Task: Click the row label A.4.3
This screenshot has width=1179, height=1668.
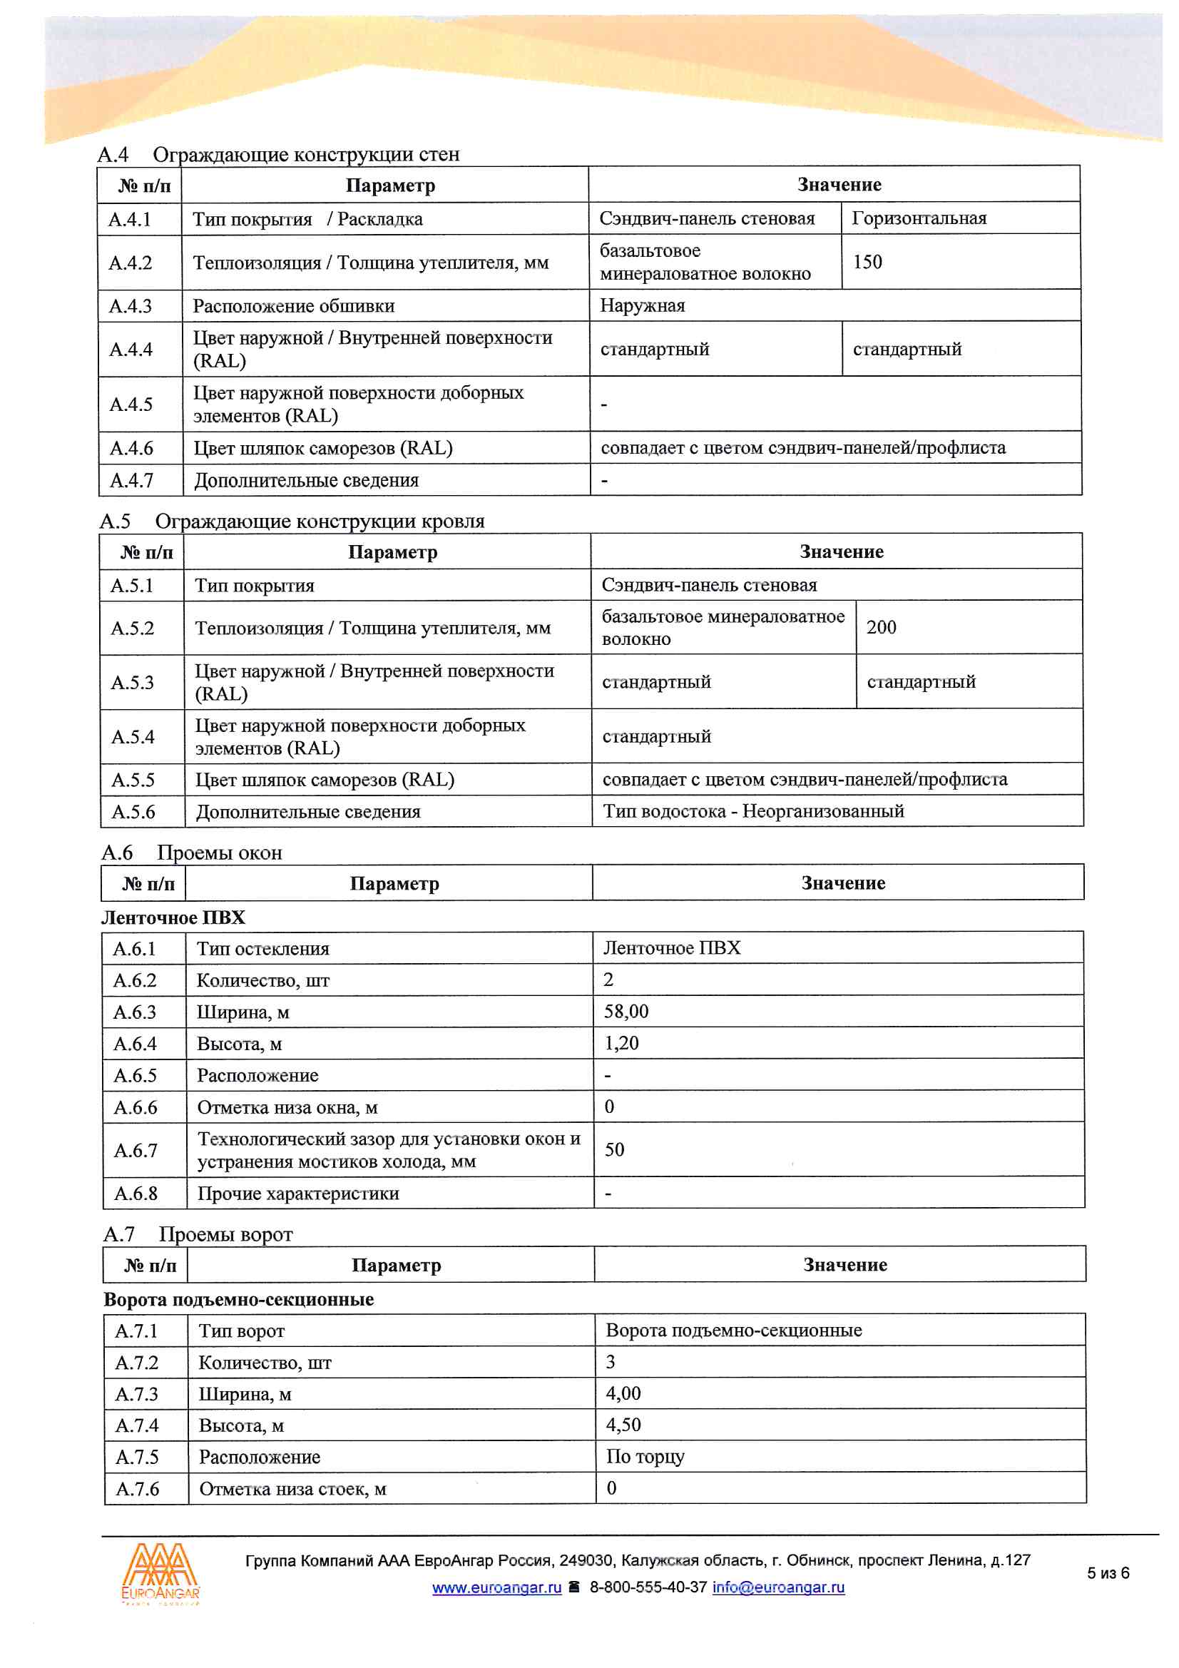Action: click(x=130, y=306)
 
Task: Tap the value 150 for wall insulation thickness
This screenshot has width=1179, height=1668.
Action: click(x=867, y=263)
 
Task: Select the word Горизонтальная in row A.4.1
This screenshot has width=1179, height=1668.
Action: click(x=919, y=219)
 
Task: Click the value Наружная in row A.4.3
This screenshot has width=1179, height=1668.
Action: click(x=642, y=306)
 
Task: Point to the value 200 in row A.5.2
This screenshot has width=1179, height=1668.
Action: click(x=881, y=628)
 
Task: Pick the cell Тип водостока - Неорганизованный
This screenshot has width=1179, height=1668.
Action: click(x=753, y=811)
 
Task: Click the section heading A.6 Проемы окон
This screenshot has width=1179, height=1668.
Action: click(x=192, y=853)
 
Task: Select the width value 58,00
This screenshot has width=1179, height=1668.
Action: click(x=626, y=1012)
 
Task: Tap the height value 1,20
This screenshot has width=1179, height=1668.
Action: click(x=622, y=1044)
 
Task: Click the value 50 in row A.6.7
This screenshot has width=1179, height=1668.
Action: click(x=615, y=1150)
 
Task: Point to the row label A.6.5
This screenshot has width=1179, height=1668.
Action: click(x=135, y=1076)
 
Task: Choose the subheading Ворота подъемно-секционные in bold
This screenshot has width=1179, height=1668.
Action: click(x=239, y=1300)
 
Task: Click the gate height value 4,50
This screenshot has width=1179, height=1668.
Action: click(x=623, y=1425)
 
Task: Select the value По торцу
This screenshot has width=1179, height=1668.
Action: click(x=645, y=1458)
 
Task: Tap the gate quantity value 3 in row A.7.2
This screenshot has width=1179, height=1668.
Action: click(x=611, y=1362)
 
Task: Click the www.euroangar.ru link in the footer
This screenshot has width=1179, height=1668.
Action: click(x=497, y=1587)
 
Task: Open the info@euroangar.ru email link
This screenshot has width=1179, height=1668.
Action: click(x=778, y=1587)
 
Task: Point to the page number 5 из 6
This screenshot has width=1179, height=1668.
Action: click(x=1108, y=1574)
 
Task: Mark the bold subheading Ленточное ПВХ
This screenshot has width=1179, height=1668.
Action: click(x=173, y=918)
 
